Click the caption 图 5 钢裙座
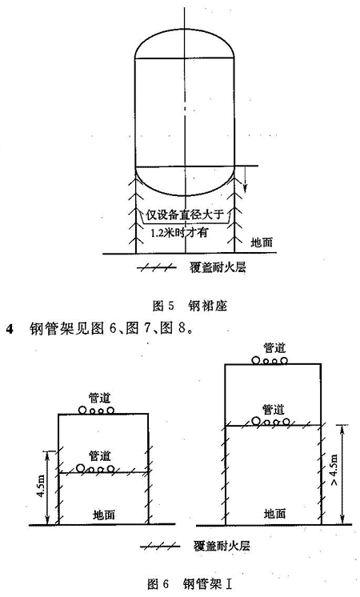[189, 306]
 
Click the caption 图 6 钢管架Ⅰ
[190, 583]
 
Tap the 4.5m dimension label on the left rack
[42, 487]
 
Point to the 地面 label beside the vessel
[262, 242]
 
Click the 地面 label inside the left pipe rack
[104, 515]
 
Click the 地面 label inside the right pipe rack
[274, 514]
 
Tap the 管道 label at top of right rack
[274, 347]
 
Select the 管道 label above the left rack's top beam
[100, 398]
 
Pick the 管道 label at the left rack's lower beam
[100, 455]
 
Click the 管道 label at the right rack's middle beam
[274, 410]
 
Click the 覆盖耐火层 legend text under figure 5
[218, 267]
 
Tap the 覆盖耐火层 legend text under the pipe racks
[222, 547]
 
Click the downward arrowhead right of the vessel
[246, 186]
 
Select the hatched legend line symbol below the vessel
[157, 268]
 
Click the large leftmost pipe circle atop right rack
[256, 360]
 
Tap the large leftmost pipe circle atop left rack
[82, 410]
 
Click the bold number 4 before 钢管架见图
[10, 329]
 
